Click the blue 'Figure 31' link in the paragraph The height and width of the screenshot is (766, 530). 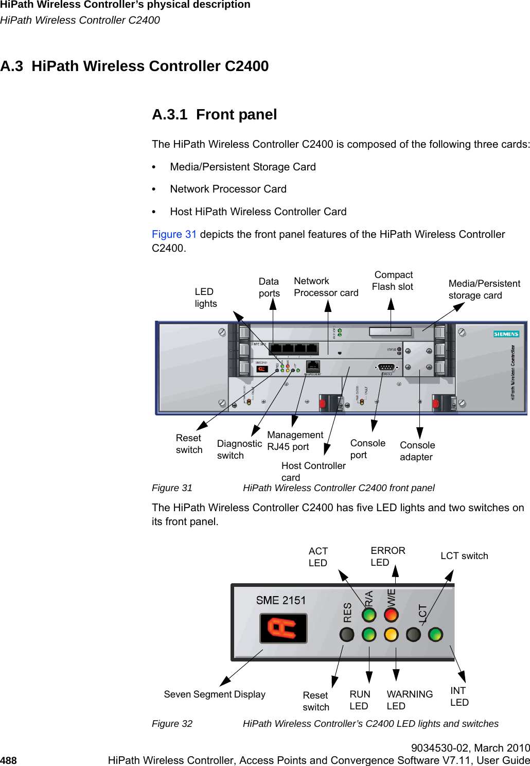click(x=174, y=234)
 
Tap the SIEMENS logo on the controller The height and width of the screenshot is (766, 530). click(x=506, y=334)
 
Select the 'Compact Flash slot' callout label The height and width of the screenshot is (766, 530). click(x=393, y=281)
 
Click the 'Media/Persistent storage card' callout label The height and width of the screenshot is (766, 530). click(x=484, y=289)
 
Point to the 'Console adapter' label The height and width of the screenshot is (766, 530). click(x=417, y=451)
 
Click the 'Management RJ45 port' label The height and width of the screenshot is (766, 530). click(x=295, y=441)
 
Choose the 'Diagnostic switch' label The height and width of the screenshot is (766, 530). click(x=239, y=449)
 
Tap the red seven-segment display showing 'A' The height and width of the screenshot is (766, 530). click(x=283, y=628)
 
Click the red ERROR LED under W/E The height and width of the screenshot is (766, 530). click(x=391, y=615)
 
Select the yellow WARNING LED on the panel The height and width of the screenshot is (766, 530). click(x=391, y=634)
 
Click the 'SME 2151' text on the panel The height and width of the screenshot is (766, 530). click(x=281, y=600)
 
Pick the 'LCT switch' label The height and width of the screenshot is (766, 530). click(x=464, y=556)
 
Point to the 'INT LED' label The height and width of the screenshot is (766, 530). click(x=459, y=697)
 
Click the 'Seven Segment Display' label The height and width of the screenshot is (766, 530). click(x=215, y=694)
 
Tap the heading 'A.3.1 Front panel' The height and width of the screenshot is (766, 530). click(x=214, y=114)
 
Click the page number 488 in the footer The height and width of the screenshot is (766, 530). click(x=9, y=760)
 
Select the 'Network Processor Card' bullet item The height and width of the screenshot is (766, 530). click(x=228, y=189)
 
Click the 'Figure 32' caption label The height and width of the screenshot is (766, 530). click(x=172, y=724)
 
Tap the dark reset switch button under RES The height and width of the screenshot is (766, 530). click(x=347, y=634)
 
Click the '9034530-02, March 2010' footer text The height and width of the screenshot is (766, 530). click(x=470, y=748)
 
